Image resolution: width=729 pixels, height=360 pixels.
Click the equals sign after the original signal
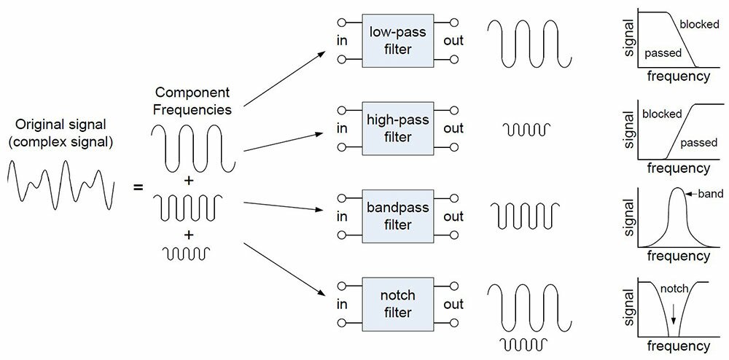click(138, 188)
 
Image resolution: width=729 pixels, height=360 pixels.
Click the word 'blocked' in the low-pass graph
click(699, 24)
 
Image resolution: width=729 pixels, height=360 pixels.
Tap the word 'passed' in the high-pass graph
click(699, 143)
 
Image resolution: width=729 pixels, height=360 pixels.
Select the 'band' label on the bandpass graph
click(710, 193)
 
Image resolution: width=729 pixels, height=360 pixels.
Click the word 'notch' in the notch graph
click(674, 289)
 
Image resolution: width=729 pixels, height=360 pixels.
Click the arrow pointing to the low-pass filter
click(284, 79)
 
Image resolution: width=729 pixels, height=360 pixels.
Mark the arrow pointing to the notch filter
click(284, 270)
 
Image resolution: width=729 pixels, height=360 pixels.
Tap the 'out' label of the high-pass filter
click(453, 129)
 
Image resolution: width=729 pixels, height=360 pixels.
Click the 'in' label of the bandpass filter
click(342, 216)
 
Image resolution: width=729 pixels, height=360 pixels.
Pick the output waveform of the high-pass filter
click(527, 129)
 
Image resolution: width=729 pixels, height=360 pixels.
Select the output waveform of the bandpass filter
click(526, 216)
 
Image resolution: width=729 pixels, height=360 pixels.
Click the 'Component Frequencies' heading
click(192, 101)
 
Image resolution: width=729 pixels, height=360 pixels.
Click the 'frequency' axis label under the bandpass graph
click(678, 256)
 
